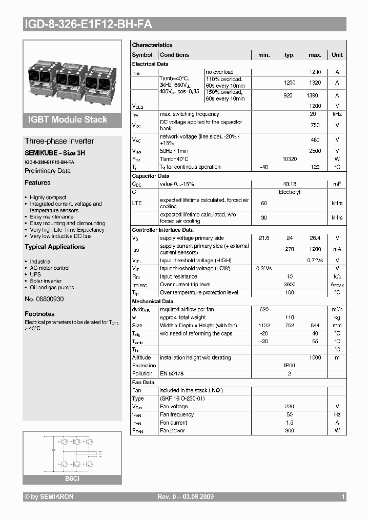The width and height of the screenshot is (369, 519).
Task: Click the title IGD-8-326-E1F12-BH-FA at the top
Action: click(88, 24)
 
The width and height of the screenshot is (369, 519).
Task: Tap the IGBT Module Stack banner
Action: click(67, 119)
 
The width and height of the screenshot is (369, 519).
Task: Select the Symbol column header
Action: click(142, 55)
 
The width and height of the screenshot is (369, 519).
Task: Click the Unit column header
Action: click(337, 55)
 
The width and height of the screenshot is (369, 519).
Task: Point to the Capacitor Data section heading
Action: click(151, 176)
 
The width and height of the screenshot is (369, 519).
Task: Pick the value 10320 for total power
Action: click(290, 159)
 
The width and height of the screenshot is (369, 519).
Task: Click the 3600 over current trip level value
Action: click(290, 285)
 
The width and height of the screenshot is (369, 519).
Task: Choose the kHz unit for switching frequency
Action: click(337, 114)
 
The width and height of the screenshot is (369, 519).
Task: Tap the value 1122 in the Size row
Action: click(264, 325)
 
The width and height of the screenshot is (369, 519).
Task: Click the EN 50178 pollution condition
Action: click(172, 374)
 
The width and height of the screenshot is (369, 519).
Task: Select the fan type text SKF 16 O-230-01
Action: click(182, 398)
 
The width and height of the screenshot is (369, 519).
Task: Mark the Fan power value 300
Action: click(290, 431)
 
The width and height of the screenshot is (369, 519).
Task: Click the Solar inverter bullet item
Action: click(46, 281)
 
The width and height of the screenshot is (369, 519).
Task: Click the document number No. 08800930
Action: click(44, 298)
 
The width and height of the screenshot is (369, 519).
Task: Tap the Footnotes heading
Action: click(39, 314)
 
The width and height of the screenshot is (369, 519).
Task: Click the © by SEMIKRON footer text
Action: click(49, 497)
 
